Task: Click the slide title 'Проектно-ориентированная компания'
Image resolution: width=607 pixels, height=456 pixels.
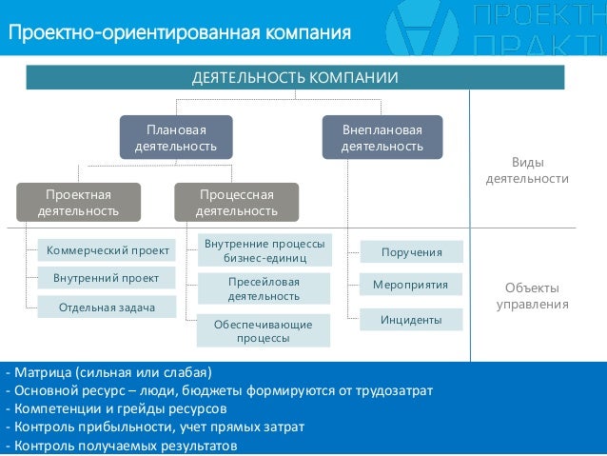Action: pyautogui.click(x=181, y=33)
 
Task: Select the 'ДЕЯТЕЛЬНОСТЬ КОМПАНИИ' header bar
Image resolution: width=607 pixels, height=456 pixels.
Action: pyautogui.click(x=295, y=77)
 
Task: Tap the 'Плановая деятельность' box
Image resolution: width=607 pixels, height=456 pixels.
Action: pyautogui.click(x=176, y=137)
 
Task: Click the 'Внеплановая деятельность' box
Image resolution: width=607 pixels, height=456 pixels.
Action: pyautogui.click(x=382, y=137)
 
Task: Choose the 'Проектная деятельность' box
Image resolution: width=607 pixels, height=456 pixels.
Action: pyautogui.click(x=79, y=203)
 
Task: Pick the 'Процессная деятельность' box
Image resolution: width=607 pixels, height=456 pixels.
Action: pyautogui.click(x=237, y=203)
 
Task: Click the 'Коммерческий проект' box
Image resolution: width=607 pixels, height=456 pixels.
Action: pyautogui.click(x=107, y=251)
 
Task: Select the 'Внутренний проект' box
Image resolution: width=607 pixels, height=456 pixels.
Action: pyautogui.click(x=107, y=278)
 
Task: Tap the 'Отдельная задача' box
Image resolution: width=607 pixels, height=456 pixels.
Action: pyautogui.click(x=107, y=307)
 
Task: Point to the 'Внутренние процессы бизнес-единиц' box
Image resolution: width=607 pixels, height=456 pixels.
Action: pyautogui.click(x=264, y=251)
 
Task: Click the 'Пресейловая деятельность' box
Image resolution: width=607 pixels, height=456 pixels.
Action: pyautogui.click(x=264, y=288)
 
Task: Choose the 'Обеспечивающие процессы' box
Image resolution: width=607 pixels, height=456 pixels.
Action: pyautogui.click(x=264, y=330)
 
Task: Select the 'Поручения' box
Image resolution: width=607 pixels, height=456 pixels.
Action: pyautogui.click(x=411, y=252)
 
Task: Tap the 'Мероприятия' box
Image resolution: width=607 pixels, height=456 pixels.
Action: pyautogui.click(x=411, y=285)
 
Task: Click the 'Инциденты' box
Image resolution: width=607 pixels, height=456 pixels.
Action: pyautogui.click(x=411, y=320)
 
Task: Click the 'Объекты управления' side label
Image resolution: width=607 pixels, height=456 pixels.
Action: pyautogui.click(x=532, y=296)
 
